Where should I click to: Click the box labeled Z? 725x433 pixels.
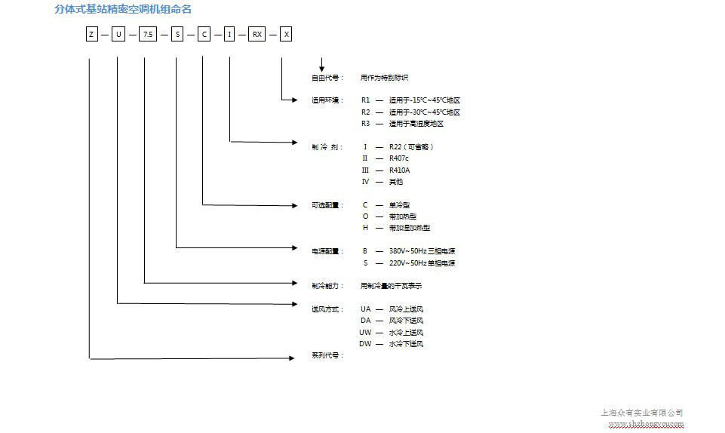click(x=91, y=34)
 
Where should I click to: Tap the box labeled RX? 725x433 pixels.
click(x=257, y=34)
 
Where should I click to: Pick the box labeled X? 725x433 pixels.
click(x=286, y=34)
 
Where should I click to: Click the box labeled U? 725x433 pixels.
click(x=118, y=34)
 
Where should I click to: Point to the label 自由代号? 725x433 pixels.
click(x=327, y=77)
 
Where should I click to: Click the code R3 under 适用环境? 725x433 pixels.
click(x=366, y=123)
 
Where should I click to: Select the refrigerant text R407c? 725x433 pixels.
click(x=399, y=158)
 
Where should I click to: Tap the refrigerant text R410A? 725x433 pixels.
click(x=400, y=170)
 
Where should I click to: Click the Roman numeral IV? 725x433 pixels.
click(x=366, y=182)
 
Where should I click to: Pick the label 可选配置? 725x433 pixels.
click(x=327, y=204)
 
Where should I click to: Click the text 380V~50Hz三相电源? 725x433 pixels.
click(x=422, y=251)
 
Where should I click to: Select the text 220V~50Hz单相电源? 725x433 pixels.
click(x=422, y=263)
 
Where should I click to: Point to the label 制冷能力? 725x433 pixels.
click(x=327, y=286)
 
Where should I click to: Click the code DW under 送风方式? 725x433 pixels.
click(x=366, y=344)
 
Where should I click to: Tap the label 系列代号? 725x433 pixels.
click(x=327, y=355)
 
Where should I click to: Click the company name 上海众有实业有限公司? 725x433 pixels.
click(x=641, y=413)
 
